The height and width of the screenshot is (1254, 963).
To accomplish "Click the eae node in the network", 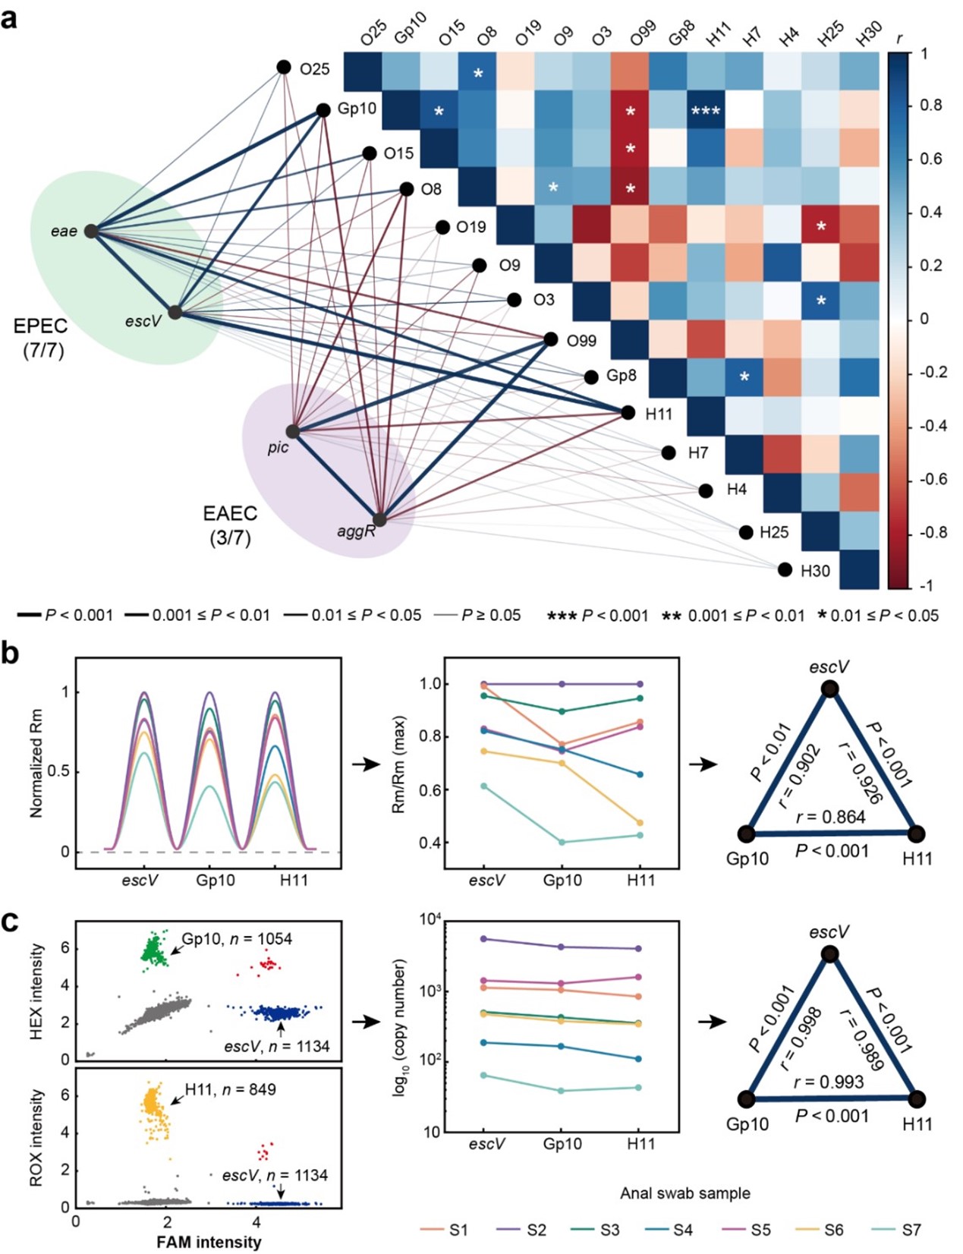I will point(91,231).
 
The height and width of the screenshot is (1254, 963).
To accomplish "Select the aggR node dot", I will point(379,519).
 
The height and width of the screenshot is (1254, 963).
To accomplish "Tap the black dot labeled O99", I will point(551,340).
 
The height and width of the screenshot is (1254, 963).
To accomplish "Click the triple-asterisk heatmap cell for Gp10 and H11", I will point(706,111).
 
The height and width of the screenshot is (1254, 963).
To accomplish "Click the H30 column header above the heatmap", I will point(868,33).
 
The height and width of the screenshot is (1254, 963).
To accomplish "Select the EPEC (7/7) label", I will point(41,338).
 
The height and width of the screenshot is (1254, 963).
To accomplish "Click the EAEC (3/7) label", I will point(230,525).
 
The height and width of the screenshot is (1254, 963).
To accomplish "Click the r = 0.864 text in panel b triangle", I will point(830,817).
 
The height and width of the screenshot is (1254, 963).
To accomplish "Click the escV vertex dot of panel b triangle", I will point(830,688).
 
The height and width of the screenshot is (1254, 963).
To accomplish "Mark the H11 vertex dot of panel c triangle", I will point(917,1098).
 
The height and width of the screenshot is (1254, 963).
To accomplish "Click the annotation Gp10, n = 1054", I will point(236,938).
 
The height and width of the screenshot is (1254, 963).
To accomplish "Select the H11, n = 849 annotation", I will point(230,1089).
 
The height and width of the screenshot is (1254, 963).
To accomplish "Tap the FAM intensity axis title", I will point(209,1242).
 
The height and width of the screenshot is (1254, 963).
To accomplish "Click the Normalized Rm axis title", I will point(36,762).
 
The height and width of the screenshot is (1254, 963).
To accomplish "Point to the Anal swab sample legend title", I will point(684,1193).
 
